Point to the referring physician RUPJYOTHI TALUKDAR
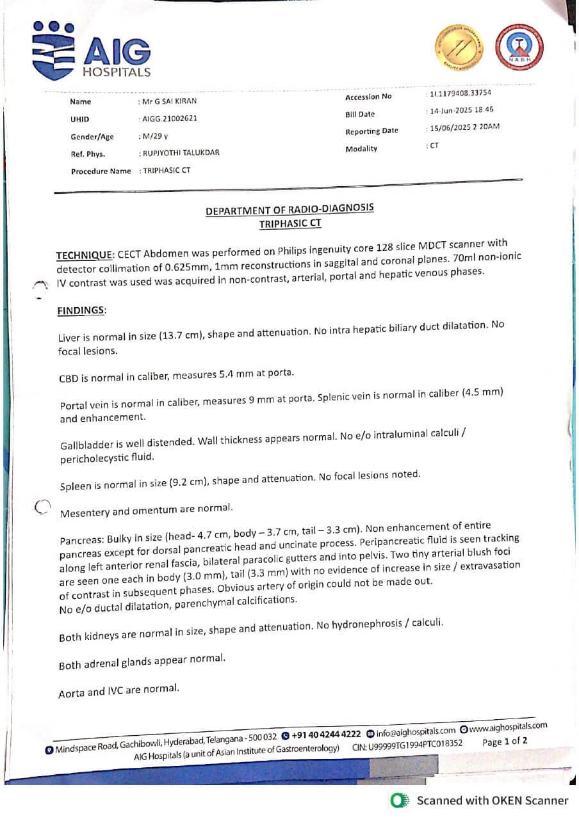click(181, 153)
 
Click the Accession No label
click(368, 97)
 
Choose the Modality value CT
click(434, 146)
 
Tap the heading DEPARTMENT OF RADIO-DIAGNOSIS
click(289, 211)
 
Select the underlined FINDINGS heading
click(81, 310)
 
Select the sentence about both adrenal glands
click(142, 661)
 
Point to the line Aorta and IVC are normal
click(118, 691)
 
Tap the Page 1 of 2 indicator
click(505, 742)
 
